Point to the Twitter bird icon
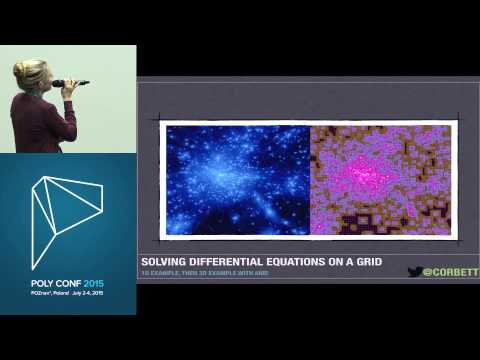tap(413, 271)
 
